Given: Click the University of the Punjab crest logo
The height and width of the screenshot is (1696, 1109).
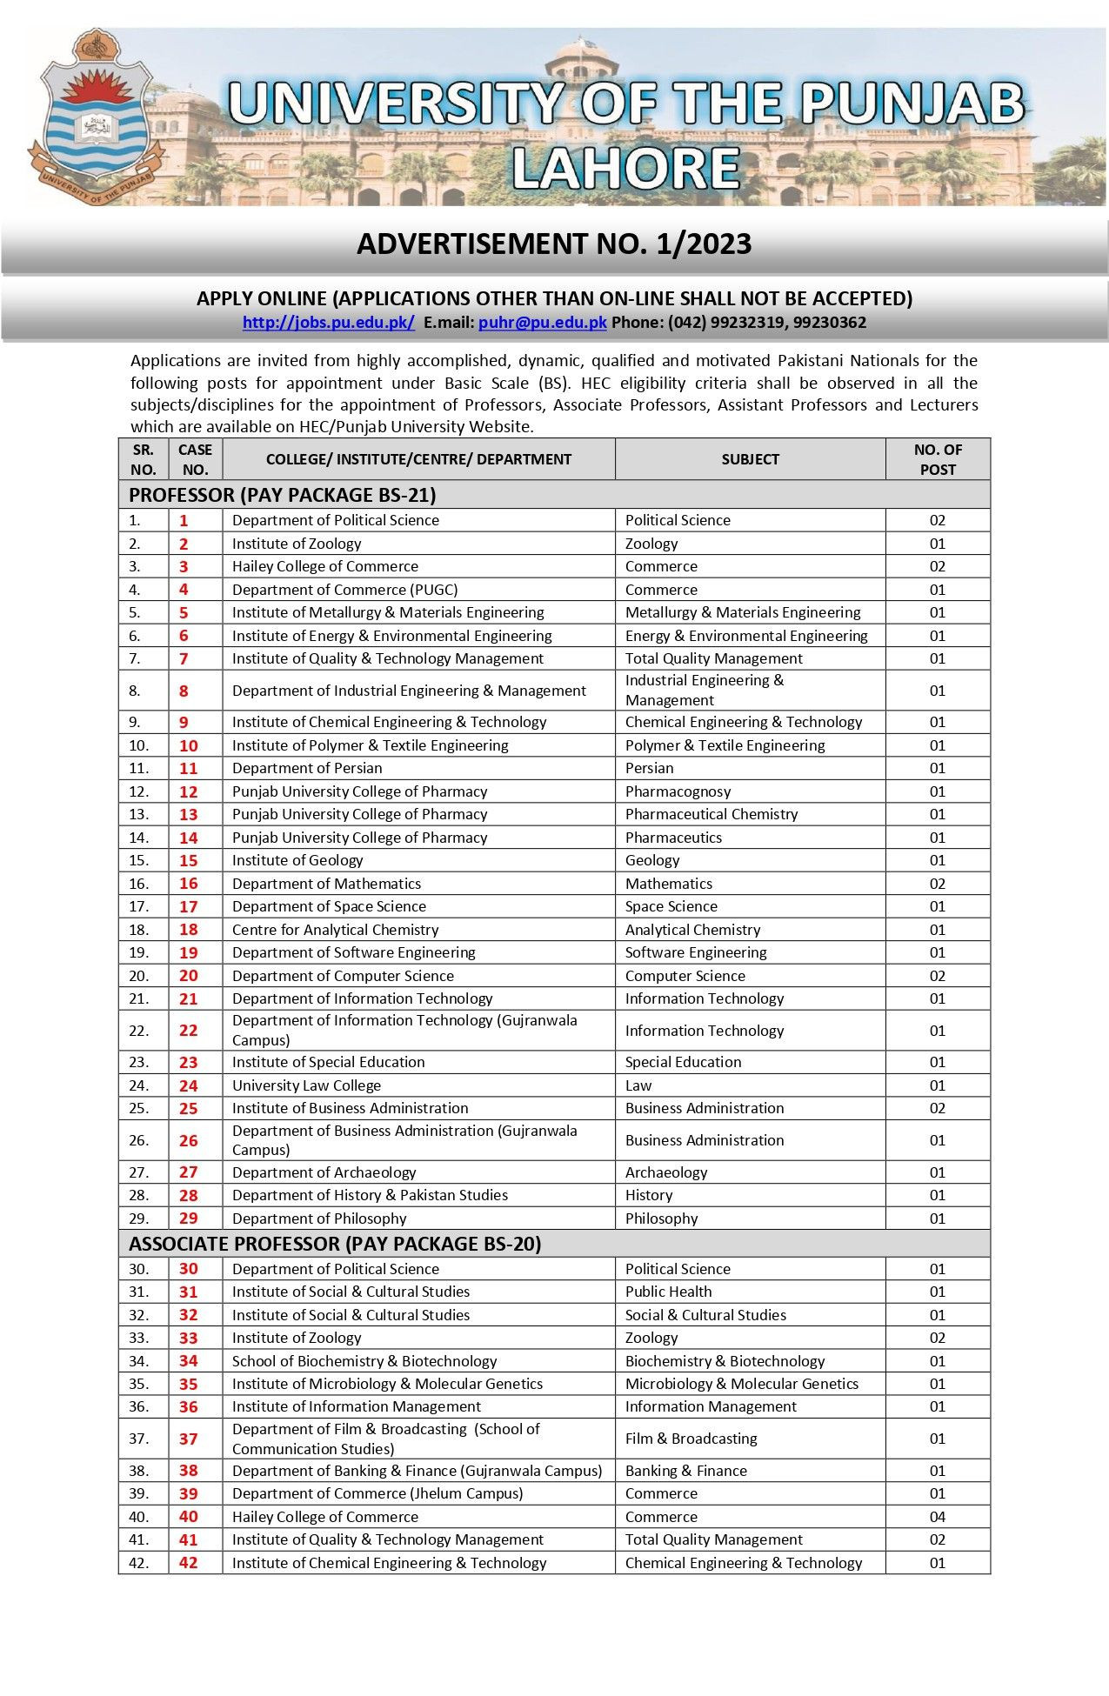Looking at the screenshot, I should [x=96, y=117].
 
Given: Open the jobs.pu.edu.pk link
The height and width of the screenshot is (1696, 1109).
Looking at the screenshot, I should [x=329, y=323].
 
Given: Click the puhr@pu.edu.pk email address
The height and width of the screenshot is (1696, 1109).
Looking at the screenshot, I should [x=542, y=323].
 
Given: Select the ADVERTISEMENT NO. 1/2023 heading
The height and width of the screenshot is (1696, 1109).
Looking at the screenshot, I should [x=554, y=244].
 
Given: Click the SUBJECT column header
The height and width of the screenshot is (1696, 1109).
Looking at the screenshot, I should [x=750, y=459].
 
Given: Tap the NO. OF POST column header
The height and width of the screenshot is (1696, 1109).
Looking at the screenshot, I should [x=938, y=459].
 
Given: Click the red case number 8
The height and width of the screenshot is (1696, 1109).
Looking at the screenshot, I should [x=184, y=691].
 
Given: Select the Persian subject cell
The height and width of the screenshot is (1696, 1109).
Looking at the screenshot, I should [x=650, y=769].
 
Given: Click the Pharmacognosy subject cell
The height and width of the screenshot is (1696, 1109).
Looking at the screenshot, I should [x=678, y=791].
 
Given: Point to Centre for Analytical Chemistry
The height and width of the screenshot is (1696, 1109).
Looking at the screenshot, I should [x=335, y=930].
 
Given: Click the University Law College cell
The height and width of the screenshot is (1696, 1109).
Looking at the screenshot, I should [x=306, y=1085].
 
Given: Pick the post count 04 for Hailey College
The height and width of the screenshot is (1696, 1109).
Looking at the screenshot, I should [x=937, y=1517].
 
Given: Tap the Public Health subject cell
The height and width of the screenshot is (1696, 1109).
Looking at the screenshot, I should [x=668, y=1292].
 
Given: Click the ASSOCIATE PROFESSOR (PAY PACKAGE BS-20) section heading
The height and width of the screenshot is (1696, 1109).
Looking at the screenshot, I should [x=335, y=1245].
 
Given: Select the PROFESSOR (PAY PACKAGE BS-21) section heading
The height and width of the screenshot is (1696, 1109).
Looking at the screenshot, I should [x=283, y=496].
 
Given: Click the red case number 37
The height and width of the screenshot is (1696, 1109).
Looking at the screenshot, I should [x=189, y=1439].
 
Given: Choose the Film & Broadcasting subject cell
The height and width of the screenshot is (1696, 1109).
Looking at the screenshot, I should [x=691, y=1439].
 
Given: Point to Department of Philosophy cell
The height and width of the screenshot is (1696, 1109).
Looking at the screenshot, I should [x=319, y=1219].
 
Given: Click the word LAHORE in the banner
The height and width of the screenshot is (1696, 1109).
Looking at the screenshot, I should [x=625, y=169].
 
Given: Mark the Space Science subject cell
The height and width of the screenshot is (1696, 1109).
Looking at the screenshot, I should [x=671, y=906].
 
